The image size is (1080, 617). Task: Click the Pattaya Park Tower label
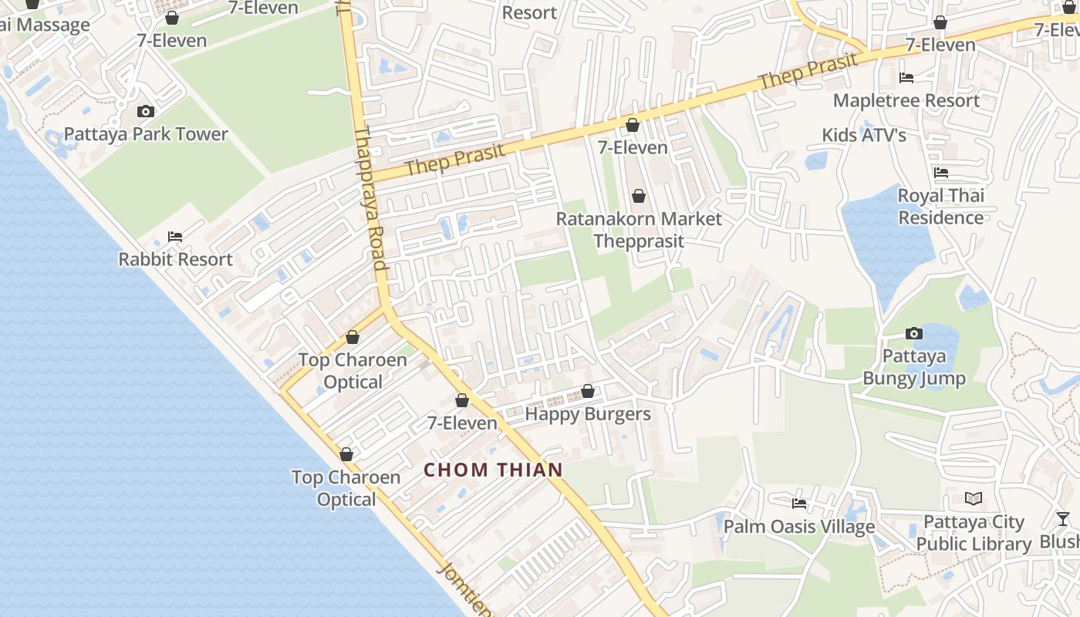146,134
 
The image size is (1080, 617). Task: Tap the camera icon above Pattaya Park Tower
145,112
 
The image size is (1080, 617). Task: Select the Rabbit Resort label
175,259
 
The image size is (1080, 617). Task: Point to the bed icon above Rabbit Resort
175,237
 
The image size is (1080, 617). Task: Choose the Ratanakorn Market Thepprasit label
639,230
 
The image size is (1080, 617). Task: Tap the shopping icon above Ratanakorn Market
638,196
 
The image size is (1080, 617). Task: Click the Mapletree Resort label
906,100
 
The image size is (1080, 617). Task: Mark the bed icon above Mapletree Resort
906,78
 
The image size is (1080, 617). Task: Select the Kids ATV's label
864,135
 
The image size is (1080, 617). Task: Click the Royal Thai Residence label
941,207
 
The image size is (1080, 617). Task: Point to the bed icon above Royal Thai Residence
940,173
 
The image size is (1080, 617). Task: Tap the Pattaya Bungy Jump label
914,367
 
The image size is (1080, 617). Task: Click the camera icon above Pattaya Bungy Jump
914,334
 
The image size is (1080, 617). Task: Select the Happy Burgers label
588,414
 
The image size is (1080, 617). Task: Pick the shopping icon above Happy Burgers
588,392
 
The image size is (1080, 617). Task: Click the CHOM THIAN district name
494,470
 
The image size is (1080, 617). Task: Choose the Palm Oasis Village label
799,527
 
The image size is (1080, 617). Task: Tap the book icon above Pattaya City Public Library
974,499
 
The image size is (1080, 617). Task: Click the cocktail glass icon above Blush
1063,519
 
